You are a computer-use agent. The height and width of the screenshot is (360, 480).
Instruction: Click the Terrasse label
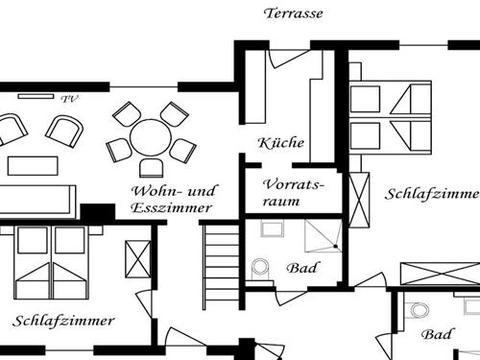[x=294, y=13]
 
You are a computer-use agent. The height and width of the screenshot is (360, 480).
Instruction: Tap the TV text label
[x=68, y=98]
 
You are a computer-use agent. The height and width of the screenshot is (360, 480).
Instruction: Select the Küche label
[x=281, y=143]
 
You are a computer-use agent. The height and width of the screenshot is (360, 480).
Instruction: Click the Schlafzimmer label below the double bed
[x=64, y=320]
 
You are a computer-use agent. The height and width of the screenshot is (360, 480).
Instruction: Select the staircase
[x=221, y=264]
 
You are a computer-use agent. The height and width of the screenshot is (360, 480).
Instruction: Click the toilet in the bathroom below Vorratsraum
[x=260, y=269]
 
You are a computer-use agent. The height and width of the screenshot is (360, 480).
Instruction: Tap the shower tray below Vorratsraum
[x=322, y=234]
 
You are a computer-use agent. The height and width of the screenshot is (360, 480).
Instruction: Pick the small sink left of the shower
[x=271, y=228]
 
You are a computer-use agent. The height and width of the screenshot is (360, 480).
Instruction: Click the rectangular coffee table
[x=34, y=165]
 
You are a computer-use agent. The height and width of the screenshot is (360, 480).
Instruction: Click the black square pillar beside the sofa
[x=97, y=212]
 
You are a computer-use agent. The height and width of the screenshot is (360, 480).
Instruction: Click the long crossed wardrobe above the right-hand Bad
[x=439, y=272]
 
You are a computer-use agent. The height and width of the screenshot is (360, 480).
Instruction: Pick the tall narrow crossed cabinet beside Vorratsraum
[x=359, y=200]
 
